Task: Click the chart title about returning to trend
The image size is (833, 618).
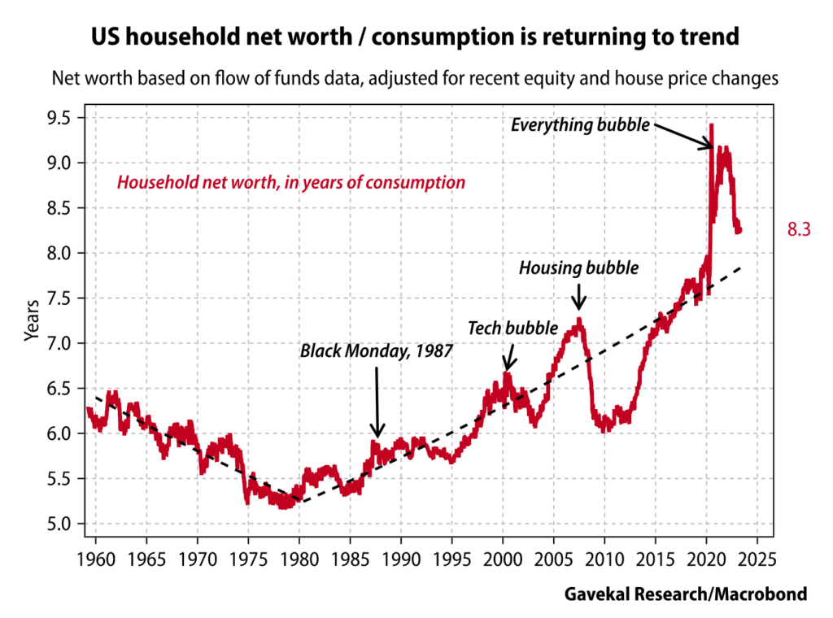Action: click(x=416, y=39)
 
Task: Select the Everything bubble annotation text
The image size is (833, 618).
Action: click(x=580, y=125)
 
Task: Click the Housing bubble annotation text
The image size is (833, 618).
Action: click(x=579, y=267)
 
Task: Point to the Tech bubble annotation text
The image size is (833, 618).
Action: click(x=512, y=328)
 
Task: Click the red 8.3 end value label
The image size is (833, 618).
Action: click(x=799, y=231)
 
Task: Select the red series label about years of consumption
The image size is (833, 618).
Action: click(x=291, y=182)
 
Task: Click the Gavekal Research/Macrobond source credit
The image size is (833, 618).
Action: click(x=686, y=594)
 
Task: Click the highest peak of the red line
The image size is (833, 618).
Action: click(x=712, y=124)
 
